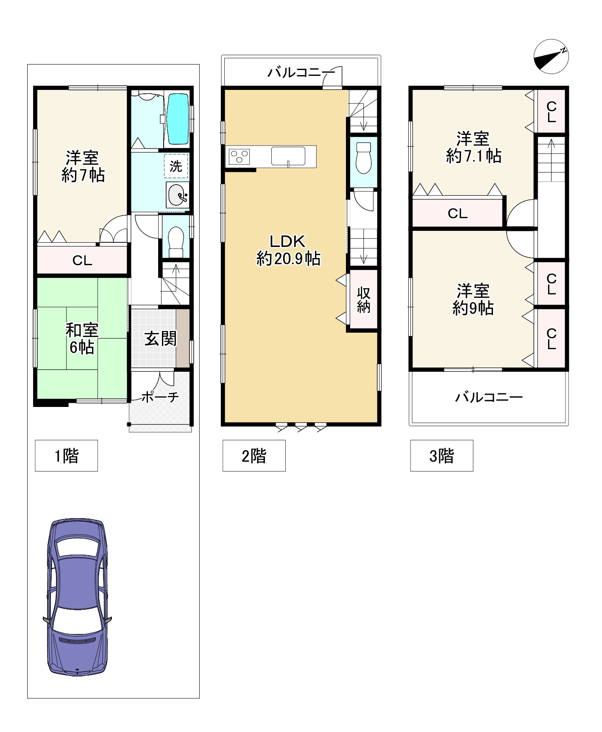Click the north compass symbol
[x=551, y=56]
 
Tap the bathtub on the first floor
[x=178, y=119]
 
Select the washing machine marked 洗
[x=176, y=166]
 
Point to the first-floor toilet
[x=176, y=241]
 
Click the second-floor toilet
[x=364, y=158]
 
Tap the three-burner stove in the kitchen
[x=240, y=156]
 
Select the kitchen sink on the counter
[x=288, y=155]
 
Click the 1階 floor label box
[x=67, y=456]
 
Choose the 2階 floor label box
[x=254, y=456]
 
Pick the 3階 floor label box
[x=442, y=456]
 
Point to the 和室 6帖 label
[x=82, y=338]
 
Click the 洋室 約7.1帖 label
[x=474, y=148]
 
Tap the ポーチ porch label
[x=160, y=397]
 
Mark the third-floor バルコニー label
[x=489, y=397]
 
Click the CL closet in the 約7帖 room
[x=82, y=260]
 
